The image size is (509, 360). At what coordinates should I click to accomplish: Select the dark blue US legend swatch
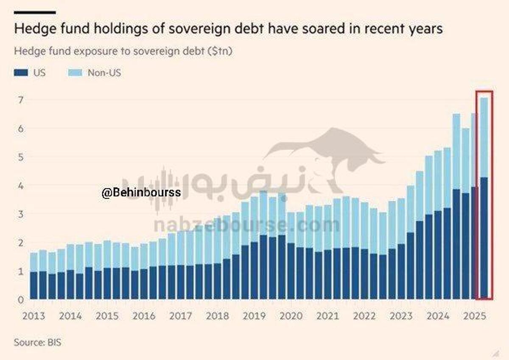click(21, 73)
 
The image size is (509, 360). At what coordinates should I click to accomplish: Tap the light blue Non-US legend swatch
click(75, 73)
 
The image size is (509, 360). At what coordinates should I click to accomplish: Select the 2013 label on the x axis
click(34, 316)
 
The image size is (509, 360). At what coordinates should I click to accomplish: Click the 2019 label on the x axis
click(255, 316)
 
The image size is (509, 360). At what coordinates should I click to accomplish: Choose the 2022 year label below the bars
click(365, 316)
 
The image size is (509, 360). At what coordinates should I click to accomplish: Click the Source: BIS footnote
click(37, 342)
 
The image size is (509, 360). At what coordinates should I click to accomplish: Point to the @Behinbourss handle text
click(141, 192)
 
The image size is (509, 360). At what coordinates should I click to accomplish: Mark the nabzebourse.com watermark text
click(246, 225)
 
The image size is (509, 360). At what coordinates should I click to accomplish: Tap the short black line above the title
click(35, 13)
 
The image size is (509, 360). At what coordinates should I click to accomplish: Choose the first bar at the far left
click(34, 276)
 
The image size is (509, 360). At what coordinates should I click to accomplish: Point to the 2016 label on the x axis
click(145, 316)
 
